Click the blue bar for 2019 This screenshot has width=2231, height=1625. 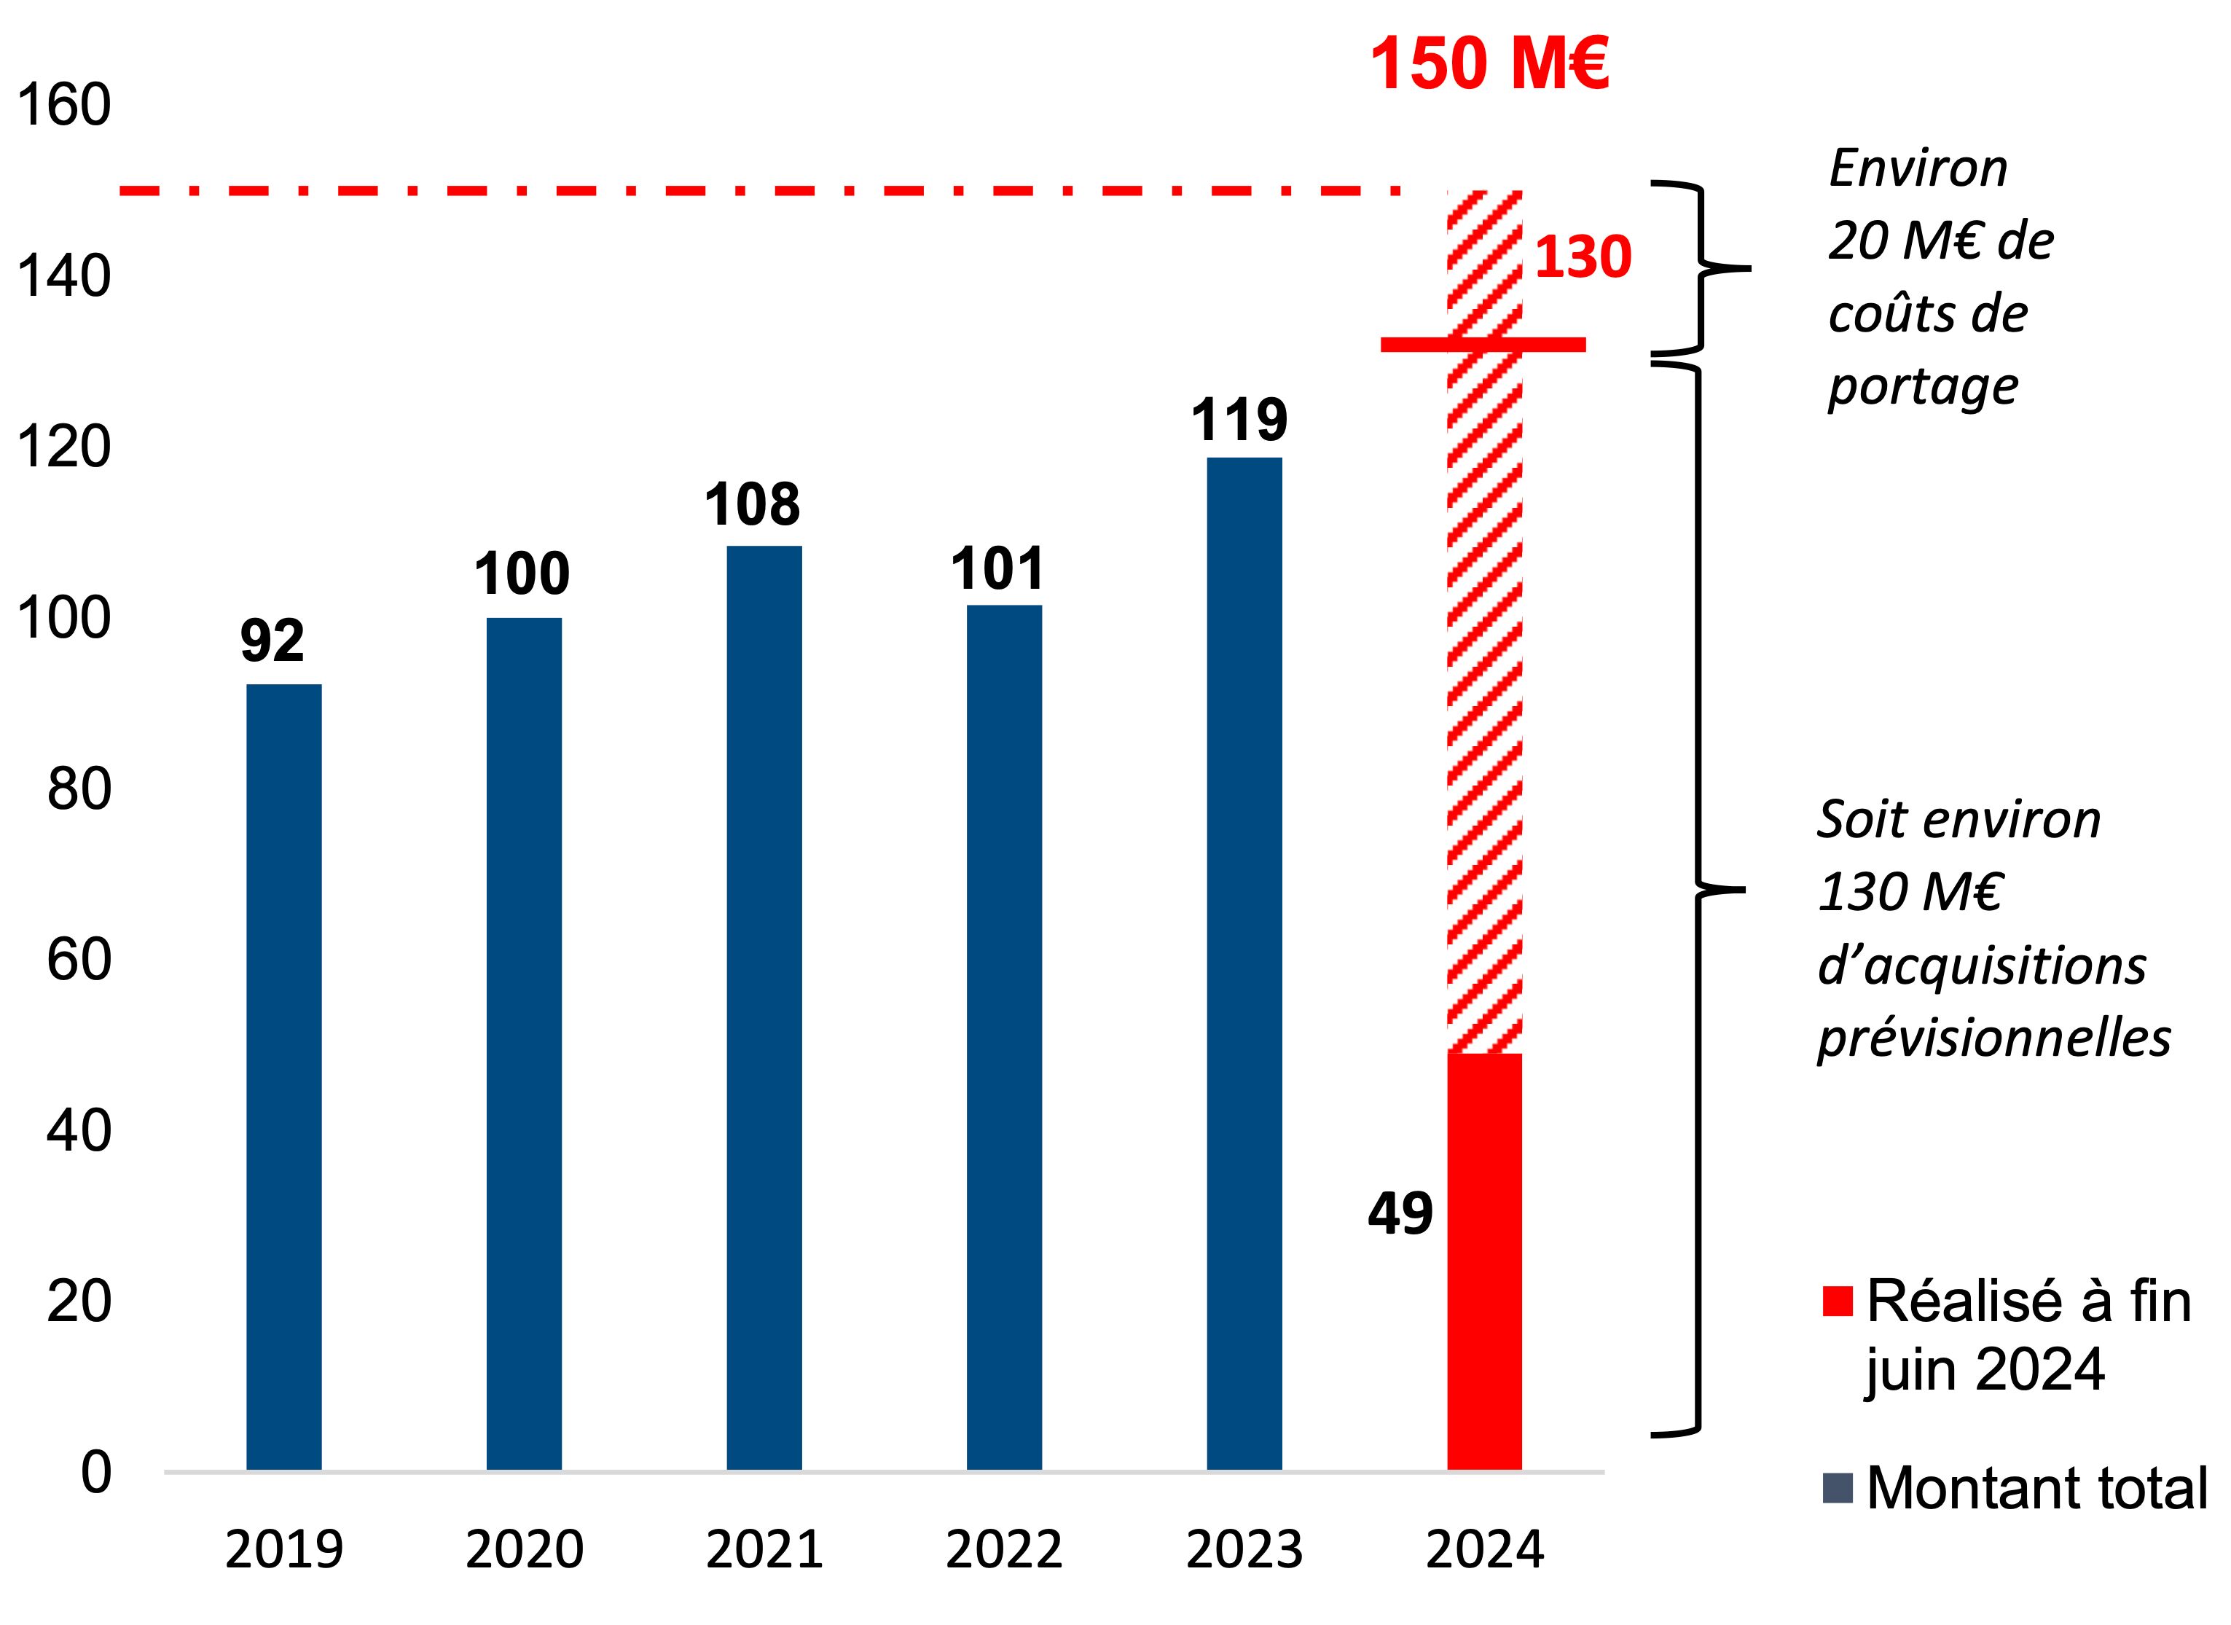283,1077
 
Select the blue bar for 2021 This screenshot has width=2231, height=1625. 764,1009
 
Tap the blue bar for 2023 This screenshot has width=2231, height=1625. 1244,964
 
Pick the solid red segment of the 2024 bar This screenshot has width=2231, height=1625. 1484,1262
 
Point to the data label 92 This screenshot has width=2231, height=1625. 272,641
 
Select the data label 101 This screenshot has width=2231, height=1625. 997,570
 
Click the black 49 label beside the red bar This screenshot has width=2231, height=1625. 1400,1214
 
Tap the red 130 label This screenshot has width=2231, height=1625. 1583,258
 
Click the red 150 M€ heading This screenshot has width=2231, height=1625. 1489,65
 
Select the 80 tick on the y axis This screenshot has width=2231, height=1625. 79,789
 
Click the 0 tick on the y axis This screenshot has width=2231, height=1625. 95,1473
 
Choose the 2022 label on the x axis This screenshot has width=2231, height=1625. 1004,1550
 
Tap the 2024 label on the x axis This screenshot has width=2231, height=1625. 1484,1550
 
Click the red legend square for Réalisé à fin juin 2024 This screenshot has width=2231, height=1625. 1838,1301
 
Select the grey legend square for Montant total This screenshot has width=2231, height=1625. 1838,1488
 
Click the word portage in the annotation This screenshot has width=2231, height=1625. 1923,387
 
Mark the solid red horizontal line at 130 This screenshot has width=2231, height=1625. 1483,344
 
